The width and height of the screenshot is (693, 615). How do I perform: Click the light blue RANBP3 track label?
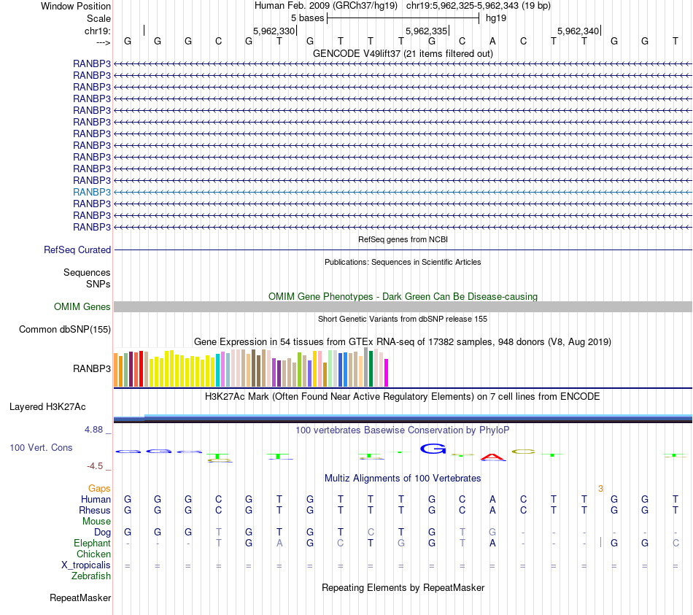pos(92,192)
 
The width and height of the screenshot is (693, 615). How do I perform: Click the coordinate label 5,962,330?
pos(274,31)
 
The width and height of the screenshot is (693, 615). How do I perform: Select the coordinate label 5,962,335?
pos(426,31)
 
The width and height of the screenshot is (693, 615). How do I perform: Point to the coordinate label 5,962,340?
pos(578,31)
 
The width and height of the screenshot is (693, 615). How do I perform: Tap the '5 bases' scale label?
pos(307,18)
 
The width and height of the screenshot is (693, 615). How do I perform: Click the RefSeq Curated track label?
pos(77,250)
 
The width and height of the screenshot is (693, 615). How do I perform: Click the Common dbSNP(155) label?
pos(65,330)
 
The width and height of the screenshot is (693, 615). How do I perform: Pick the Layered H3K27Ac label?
pos(47,406)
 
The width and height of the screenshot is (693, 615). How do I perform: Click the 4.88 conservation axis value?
pos(94,430)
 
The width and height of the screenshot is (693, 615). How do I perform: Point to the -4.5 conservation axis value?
pos(96,466)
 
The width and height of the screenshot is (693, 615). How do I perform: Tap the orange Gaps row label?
pos(99,488)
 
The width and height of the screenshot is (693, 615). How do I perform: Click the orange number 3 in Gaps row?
pos(600,488)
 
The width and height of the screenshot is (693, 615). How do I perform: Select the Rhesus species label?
pos(96,510)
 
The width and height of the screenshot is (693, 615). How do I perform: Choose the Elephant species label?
pos(93,543)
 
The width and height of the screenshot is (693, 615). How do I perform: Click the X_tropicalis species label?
pos(86,565)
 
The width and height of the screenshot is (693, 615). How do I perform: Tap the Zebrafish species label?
pos(91,576)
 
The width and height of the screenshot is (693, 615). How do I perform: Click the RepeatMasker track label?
pos(80,598)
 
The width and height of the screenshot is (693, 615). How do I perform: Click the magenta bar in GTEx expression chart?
pos(387,372)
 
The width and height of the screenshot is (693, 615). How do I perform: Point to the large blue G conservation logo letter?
pos(433,449)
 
